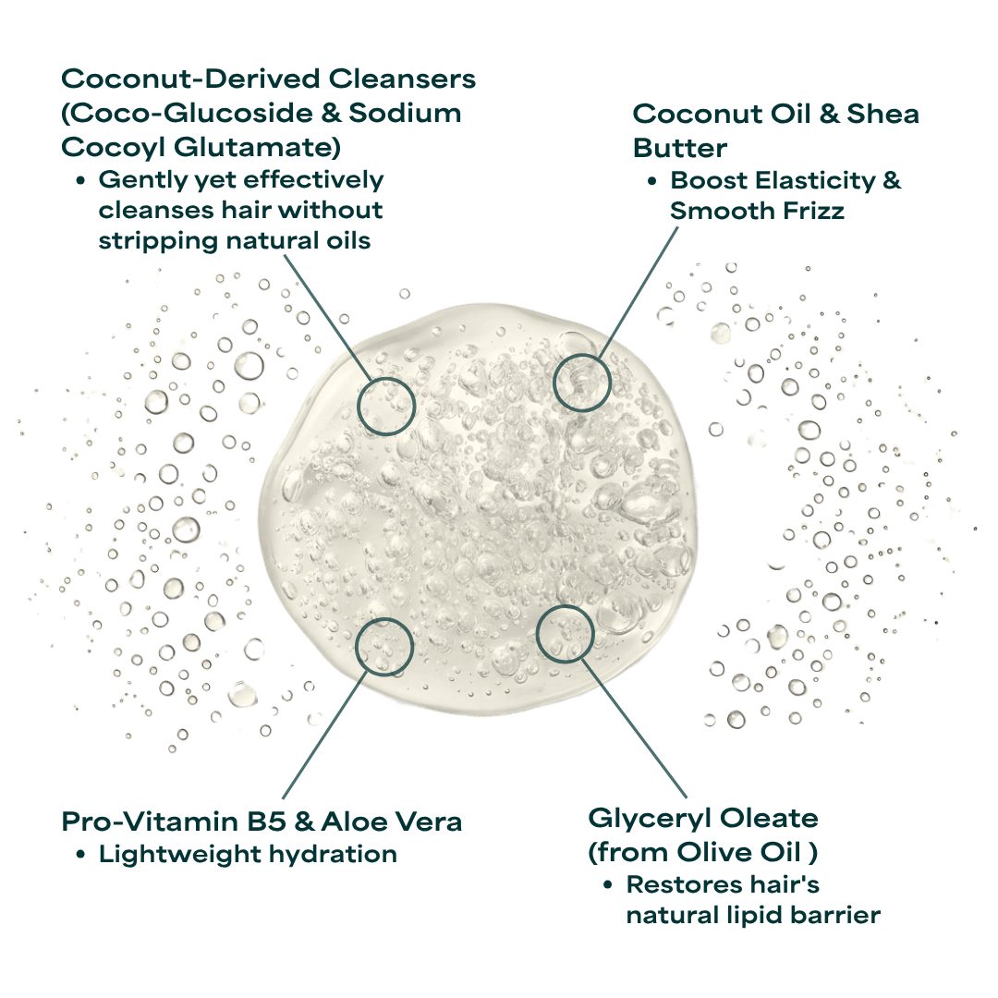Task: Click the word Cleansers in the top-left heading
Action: pos(402,79)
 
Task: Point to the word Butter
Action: pos(679,148)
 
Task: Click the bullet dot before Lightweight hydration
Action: pos(80,855)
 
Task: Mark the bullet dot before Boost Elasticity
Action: pos(651,181)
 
